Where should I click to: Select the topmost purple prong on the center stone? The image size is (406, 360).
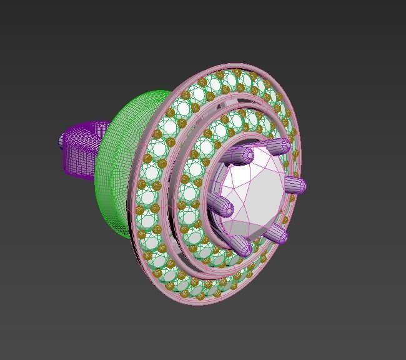click(277, 147)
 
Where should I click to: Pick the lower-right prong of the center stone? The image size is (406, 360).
click(277, 235)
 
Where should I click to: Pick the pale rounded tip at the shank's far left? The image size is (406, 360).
click(62, 141)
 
